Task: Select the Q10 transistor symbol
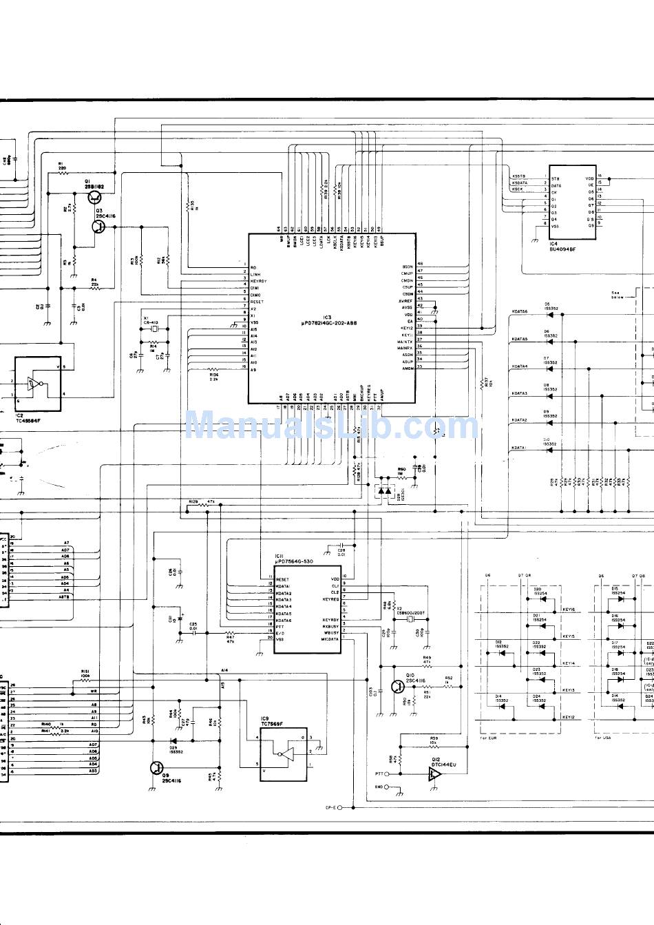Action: (398, 686)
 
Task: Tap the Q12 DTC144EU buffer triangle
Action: (433, 774)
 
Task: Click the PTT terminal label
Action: (379, 773)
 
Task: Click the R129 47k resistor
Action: (204, 505)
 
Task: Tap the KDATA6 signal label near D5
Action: (519, 312)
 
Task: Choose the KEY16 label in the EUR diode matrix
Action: (568, 610)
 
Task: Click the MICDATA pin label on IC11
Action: (329, 639)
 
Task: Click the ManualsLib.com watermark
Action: (330, 425)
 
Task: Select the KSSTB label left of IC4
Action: (518, 176)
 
